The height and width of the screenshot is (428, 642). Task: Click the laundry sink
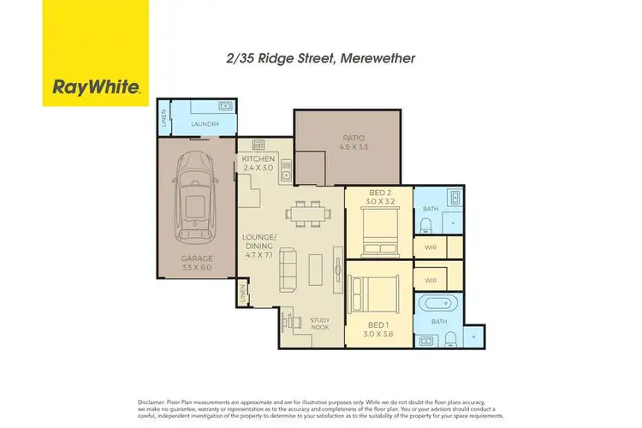point(225,107)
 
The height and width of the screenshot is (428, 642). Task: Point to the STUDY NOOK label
point(320,324)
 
